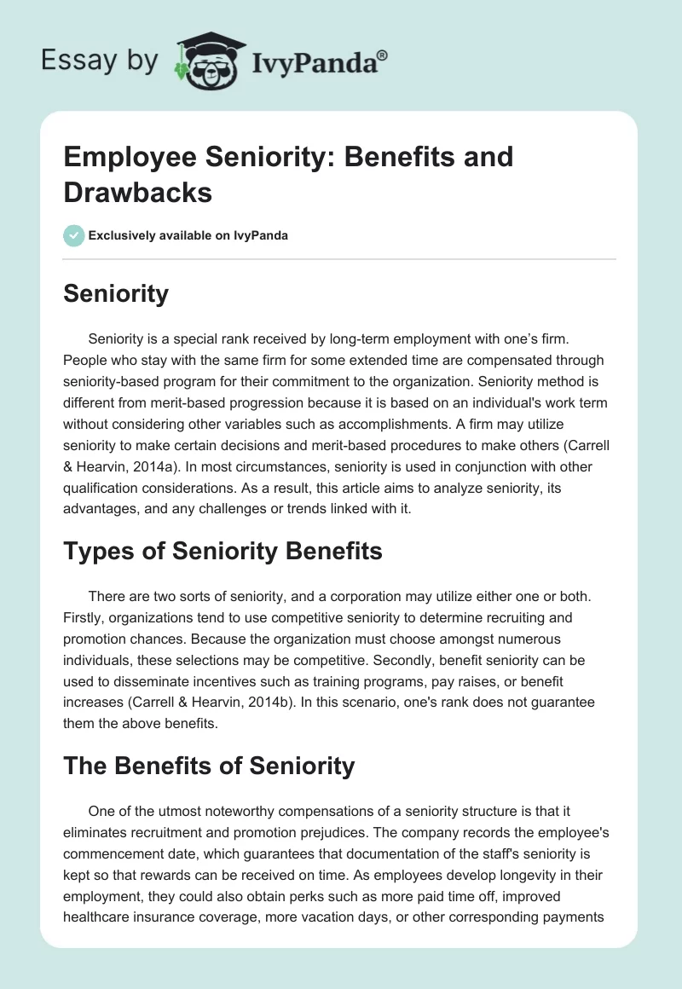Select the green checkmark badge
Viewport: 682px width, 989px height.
coord(74,235)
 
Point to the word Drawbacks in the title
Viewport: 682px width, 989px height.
coord(138,192)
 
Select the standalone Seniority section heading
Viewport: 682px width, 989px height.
coord(116,294)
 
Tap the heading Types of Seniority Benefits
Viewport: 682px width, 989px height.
coord(223,552)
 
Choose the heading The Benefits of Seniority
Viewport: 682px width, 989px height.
coord(209,766)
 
